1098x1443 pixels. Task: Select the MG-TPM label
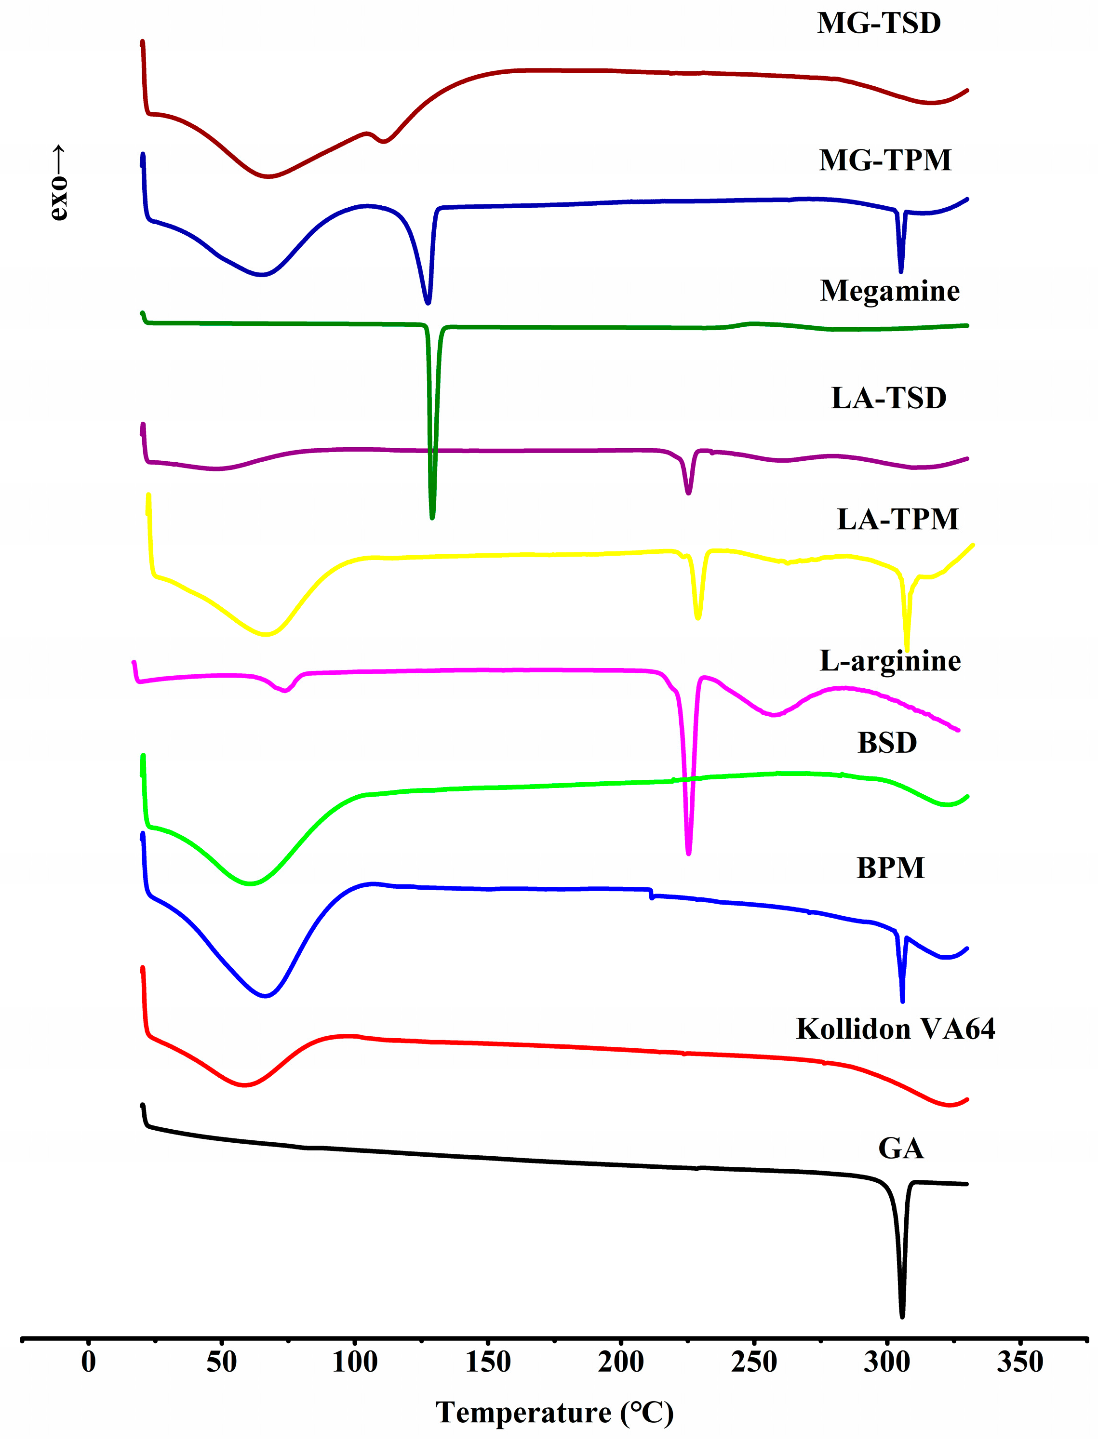pyautogui.click(x=885, y=161)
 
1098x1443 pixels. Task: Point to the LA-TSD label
pyautogui.click(x=888, y=399)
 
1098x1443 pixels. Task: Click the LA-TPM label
pyautogui.click(x=897, y=520)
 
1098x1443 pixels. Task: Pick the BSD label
pyautogui.click(x=887, y=743)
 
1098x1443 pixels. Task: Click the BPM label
pyautogui.click(x=890, y=868)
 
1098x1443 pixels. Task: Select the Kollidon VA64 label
pyautogui.click(x=896, y=1029)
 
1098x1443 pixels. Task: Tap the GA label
pyautogui.click(x=901, y=1148)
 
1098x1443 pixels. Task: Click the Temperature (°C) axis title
pyautogui.click(x=554, y=1413)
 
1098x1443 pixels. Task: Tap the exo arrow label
pyautogui.click(x=58, y=183)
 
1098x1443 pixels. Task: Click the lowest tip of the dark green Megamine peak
pyautogui.click(x=432, y=518)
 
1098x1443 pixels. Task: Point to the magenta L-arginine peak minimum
pyautogui.click(x=688, y=853)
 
